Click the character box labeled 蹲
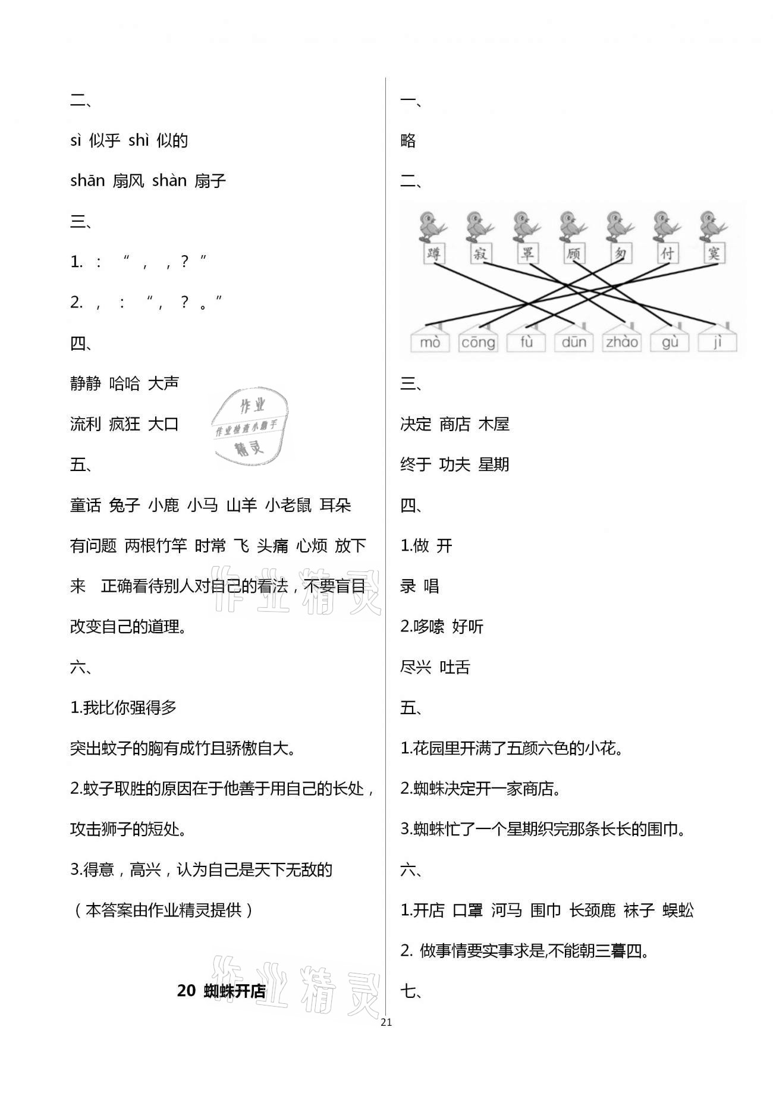click(x=434, y=254)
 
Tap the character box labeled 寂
click(x=480, y=254)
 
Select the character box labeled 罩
click(x=527, y=254)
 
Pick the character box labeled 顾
click(x=573, y=254)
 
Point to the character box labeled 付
click(x=667, y=254)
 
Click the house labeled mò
click(x=430, y=341)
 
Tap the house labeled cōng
click(x=478, y=341)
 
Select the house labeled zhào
click(x=621, y=341)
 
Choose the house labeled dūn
click(x=574, y=341)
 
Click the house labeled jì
click(x=717, y=341)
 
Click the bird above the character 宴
click(x=710, y=225)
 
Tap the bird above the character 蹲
click(x=430, y=225)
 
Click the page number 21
click(x=386, y=1022)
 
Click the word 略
click(x=408, y=141)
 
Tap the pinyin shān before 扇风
click(x=87, y=181)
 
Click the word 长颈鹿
click(x=592, y=910)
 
